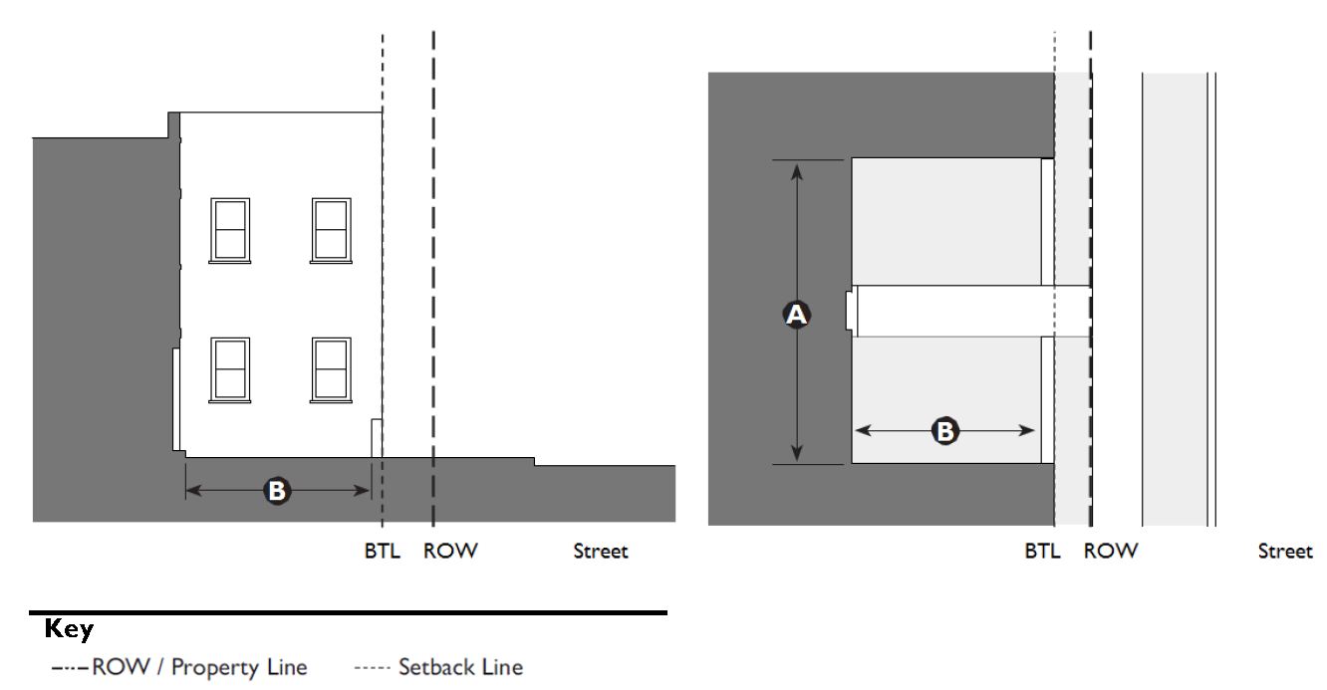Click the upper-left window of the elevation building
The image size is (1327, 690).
[230, 230]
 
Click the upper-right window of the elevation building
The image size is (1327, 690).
[331, 230]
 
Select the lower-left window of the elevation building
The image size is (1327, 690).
[230, 370]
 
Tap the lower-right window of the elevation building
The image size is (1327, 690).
[331, 370]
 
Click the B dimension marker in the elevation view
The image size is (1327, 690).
[277, 491]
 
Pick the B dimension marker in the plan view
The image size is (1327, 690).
[944, 430]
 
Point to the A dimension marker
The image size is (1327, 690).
[796, 314]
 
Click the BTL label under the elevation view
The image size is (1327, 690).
[383, 552]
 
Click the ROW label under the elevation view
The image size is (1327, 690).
[450, 552]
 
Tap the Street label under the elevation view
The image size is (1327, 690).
[600, 552]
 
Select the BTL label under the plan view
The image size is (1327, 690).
[1043, 552]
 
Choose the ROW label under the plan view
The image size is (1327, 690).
[1111, 552]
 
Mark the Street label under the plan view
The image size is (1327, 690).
[1285, 552]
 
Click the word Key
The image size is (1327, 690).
[69, 629]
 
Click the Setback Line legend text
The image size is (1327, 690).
[461, 667]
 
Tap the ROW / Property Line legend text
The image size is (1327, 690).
[199, 667]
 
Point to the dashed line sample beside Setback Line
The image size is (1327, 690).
[372, 668]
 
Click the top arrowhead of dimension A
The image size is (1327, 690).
[797, 171]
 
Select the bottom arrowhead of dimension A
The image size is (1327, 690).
[797, 453]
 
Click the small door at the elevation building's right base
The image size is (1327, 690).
[377, 438]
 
